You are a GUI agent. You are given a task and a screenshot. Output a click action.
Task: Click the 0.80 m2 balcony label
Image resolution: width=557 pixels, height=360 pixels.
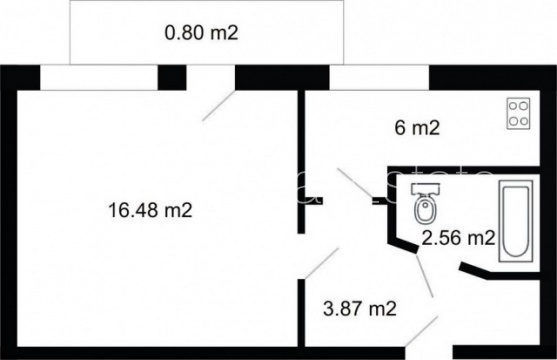(x=201, y=33)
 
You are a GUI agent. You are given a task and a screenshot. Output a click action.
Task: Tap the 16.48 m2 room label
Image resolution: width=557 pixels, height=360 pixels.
(x=150, y=210)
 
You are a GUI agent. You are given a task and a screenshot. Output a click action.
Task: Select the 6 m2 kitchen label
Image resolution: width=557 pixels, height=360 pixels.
(x=417, y=128)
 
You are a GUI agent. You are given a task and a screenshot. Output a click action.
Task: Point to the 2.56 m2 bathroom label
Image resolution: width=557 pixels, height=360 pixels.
(x=458, y=237)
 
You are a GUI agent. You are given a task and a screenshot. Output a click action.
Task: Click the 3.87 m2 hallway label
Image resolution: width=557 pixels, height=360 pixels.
(x=359, y=308)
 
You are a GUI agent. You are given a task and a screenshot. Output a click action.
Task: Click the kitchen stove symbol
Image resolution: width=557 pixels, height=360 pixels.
(x=518, y=113)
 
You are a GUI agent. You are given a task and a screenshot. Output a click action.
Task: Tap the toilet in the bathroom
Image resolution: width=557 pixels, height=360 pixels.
(x=426, y=204)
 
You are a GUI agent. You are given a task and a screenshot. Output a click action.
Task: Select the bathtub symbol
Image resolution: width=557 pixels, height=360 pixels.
(x=516, y=221)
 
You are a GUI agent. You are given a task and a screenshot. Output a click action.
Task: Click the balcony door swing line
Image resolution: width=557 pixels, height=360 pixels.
(x=218, y=106)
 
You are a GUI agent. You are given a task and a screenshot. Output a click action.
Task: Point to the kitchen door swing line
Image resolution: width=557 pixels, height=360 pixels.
(x=355, y=184)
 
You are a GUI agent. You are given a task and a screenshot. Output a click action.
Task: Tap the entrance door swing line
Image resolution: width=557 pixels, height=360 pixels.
(x=422, y=331)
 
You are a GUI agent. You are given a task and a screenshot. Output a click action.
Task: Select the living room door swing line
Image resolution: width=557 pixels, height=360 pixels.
(x=321, y=263)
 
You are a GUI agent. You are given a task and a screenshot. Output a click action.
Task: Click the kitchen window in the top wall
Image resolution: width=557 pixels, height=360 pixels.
(x=379, y=77)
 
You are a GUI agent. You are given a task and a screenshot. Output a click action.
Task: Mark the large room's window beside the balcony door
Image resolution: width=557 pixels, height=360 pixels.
(x=99, y=77)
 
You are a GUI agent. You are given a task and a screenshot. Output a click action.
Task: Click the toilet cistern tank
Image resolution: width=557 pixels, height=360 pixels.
(x=426, y=189)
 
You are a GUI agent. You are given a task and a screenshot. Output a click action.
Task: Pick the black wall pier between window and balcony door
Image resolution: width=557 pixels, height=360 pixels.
(x=172, y=77)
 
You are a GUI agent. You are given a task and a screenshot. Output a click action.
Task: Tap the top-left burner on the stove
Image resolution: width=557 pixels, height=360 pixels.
(x=513, y=106)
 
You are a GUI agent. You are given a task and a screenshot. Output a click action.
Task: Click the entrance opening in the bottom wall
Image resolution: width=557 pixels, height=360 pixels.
(x=429, y=353)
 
